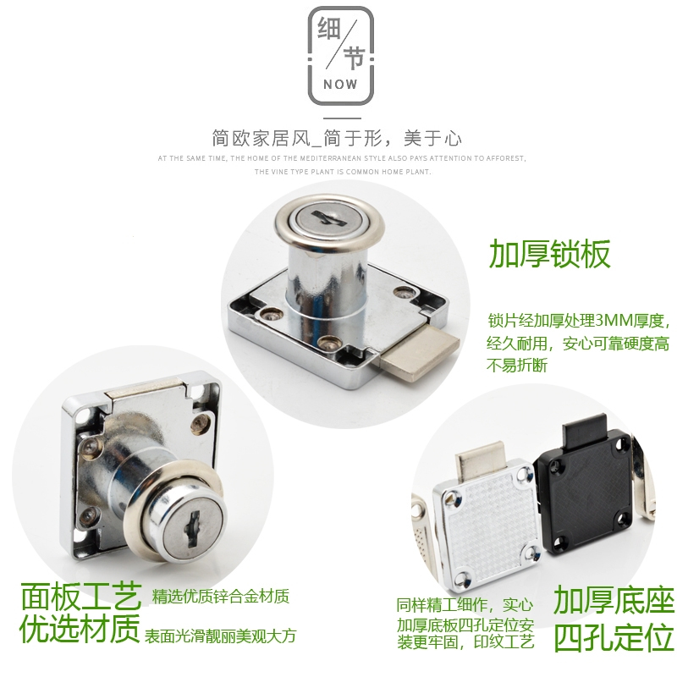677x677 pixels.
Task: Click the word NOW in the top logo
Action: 340,85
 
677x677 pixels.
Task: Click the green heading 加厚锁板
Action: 549,253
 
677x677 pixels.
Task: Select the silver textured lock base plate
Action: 485,525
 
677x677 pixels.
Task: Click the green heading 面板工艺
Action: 80,599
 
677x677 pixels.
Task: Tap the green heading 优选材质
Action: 80,630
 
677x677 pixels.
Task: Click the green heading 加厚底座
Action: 614,600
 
